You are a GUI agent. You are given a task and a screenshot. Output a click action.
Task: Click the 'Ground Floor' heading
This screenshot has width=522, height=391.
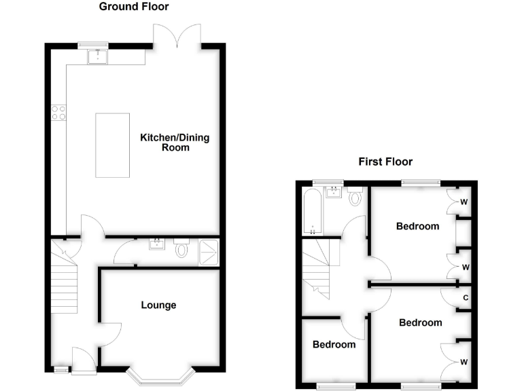[134, 7]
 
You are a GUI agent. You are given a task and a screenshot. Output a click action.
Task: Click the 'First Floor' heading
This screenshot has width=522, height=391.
[385, 162]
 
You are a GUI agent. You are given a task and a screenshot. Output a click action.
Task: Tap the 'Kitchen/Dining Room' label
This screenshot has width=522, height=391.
[175, 142]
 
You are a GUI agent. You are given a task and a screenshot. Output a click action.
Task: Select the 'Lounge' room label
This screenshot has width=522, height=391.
[159, 305]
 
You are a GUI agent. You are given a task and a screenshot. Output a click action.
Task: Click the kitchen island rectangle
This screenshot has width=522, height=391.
[113, 145]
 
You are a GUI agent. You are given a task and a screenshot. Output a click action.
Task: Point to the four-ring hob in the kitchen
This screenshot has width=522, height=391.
[58, 112]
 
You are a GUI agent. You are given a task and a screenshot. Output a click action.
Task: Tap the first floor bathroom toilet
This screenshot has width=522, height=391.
[355, 198]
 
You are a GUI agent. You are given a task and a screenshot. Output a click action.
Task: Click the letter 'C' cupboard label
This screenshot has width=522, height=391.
[465, 297]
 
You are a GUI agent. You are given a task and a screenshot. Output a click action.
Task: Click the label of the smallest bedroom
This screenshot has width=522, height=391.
[334, 344]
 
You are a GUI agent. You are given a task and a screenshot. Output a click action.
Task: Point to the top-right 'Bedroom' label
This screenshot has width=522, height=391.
[417, 226]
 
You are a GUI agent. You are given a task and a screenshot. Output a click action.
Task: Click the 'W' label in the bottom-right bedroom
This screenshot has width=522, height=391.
[465, 360]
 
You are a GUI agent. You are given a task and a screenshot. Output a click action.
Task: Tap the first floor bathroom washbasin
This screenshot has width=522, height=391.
[333, 193]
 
